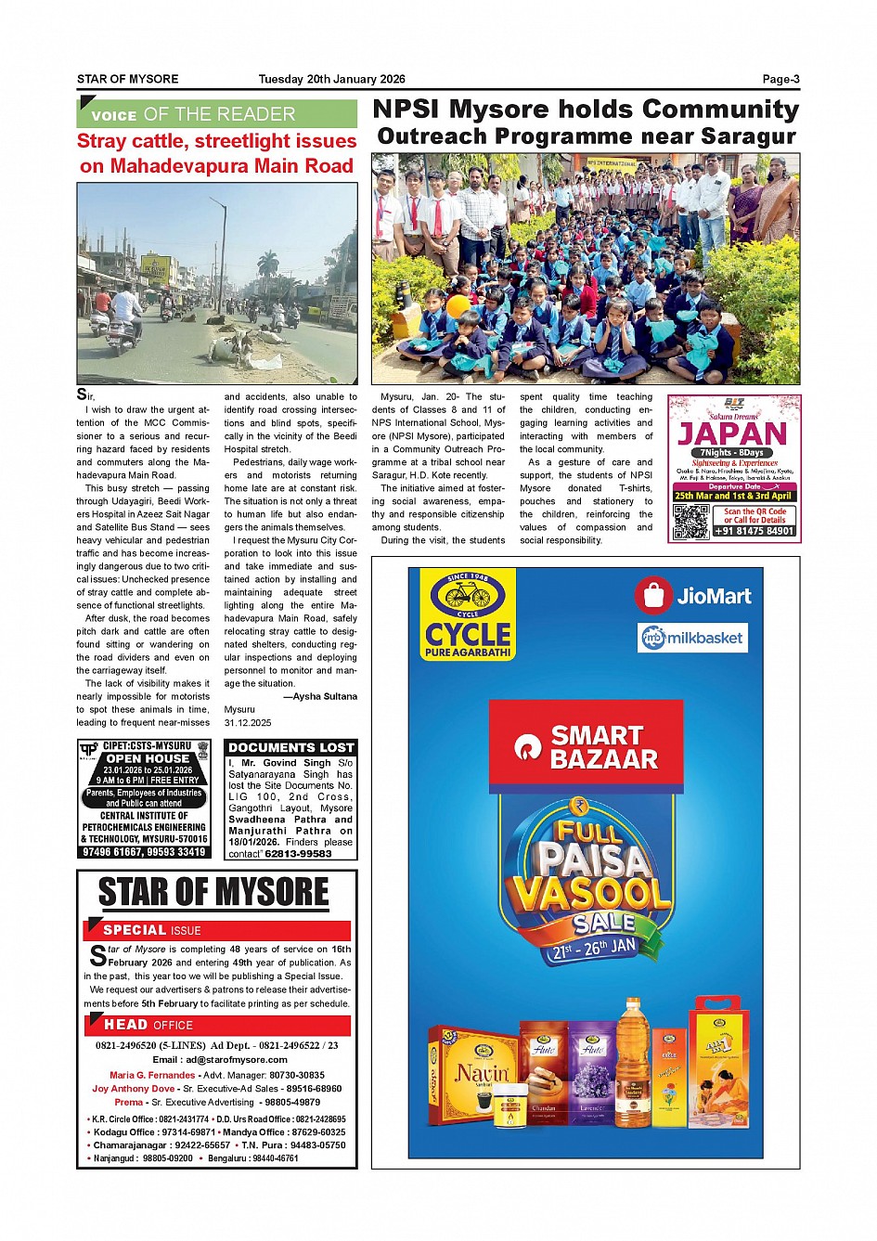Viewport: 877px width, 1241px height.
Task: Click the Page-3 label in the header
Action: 780,79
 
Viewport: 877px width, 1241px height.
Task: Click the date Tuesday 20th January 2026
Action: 331,79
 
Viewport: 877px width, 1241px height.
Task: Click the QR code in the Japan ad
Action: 690,523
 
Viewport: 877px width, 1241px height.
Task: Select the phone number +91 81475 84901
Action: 754,531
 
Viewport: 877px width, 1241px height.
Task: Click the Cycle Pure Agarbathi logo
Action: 468,614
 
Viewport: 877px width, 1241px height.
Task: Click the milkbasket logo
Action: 693,638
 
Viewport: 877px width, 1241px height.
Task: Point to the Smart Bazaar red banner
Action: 587,747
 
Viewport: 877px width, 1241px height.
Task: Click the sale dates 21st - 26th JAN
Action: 594,949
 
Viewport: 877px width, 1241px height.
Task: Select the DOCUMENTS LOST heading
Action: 291,747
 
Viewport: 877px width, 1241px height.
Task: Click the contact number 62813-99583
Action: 298,854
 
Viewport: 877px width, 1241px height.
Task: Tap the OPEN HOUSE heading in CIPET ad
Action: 147,758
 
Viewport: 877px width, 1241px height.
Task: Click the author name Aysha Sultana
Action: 324,696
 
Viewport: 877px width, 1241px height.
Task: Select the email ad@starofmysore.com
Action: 220,1059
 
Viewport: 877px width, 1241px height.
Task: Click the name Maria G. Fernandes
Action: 152,1075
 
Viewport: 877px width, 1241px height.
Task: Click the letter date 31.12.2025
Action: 248,722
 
